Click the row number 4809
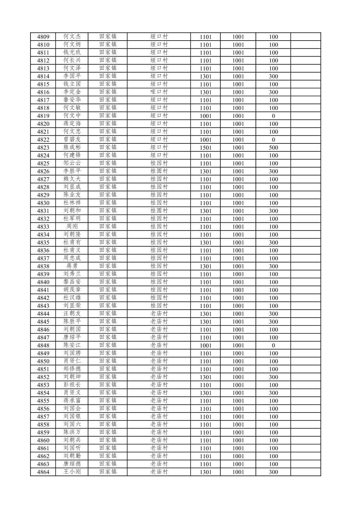click(43, 37)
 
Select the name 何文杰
click(72, 37)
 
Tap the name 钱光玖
click(72, 52)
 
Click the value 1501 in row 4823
click(206, 147)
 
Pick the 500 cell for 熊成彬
click(273, 147)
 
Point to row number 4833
click(43, 227)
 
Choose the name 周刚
click(72, 227)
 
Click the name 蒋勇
click(72, 266)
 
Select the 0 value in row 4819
click(273, 116)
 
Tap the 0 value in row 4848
click(273, 345)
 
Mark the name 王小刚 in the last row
click(72, 472)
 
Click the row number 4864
click(43, 472)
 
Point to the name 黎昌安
click(72, 282)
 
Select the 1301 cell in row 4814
click(206, 76)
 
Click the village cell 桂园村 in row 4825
click(159, 163)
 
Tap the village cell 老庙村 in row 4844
click(159, 314)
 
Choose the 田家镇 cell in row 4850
click(108, 361)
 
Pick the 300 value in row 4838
click(273, 266)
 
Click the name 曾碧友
click(72, 139)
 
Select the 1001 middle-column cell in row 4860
click(238, 440)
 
